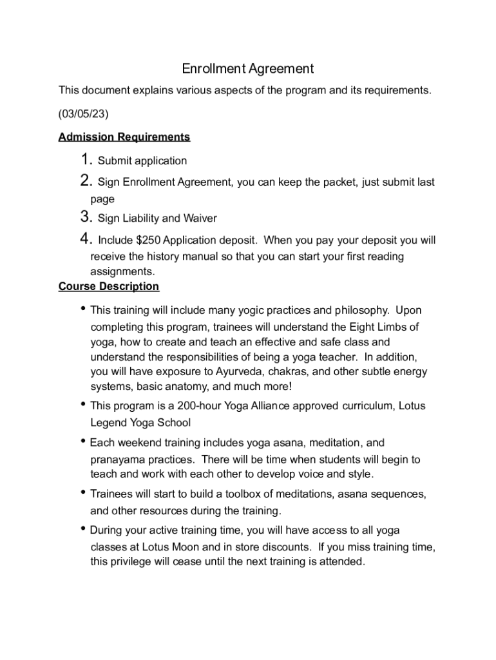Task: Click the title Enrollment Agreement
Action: click(247, 68)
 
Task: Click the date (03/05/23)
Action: click(83, 113)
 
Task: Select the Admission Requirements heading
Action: click(124, 137)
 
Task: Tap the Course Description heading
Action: click(108, 286)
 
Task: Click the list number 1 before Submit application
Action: click(87, 160)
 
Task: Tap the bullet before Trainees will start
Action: click(83, 493)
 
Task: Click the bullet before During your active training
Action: click(83, 529)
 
